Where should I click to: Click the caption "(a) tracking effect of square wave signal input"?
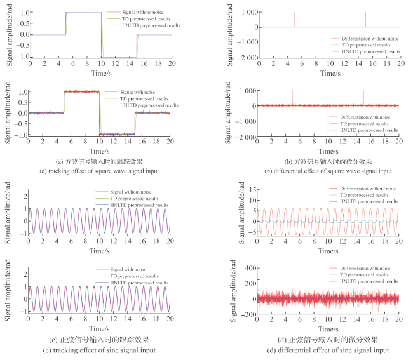99,171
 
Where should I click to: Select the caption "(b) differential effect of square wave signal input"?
328,171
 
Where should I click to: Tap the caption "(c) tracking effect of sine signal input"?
99,350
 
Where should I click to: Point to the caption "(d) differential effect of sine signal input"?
328,350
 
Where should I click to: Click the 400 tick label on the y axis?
250,268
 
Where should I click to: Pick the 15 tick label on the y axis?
252,190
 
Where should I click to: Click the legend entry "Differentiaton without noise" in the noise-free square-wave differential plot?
370,39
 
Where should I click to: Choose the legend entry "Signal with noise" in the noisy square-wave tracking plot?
137,92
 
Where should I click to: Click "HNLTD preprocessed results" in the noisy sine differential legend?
369,281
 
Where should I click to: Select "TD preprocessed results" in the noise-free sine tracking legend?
134,199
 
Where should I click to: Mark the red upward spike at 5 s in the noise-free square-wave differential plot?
294,20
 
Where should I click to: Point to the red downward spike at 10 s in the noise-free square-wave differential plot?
330,42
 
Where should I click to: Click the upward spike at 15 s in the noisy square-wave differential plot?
363,98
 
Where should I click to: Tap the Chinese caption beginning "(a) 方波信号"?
99,161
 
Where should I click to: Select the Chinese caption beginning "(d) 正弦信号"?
328,340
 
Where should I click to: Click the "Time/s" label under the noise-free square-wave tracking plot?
102,73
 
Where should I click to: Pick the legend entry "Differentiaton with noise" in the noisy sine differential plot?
365,269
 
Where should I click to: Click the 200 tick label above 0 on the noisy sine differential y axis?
250,284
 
